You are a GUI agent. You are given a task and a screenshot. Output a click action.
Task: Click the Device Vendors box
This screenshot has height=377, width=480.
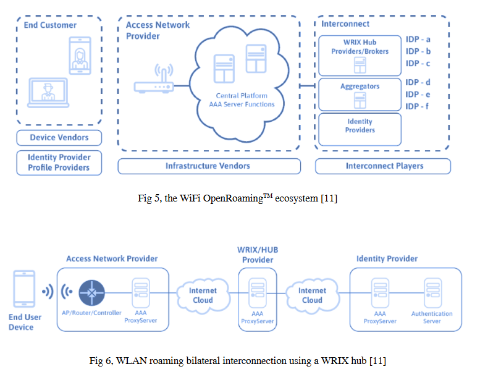59,137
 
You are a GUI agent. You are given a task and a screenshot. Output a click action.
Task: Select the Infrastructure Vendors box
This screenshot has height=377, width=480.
209,166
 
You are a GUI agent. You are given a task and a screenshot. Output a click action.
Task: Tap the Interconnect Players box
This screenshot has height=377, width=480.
383,166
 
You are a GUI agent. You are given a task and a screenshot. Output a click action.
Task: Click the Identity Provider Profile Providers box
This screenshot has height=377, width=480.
59,163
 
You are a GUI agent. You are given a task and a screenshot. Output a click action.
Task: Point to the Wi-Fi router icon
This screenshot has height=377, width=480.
154,78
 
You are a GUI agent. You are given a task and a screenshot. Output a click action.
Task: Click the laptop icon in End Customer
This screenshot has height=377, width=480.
48,93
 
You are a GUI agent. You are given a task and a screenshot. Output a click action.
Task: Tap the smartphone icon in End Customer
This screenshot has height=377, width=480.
80,56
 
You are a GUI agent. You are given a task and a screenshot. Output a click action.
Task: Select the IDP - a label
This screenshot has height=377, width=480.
418,40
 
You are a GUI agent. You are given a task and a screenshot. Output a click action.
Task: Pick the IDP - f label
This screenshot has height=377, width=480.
417,106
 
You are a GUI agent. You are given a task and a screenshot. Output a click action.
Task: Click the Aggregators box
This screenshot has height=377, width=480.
360,95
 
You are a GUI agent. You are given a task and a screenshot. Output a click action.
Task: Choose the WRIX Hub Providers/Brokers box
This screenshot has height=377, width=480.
360,56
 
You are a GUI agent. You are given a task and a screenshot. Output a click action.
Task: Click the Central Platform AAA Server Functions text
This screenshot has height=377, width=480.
242,100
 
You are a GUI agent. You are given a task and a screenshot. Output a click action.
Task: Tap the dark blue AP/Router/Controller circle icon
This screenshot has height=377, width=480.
92,293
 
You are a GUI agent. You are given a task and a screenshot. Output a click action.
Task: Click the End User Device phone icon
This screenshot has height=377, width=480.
24,289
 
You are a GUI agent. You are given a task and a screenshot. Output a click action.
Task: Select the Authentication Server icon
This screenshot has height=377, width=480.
432,292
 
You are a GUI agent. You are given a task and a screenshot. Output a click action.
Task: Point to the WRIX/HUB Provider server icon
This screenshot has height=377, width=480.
258,292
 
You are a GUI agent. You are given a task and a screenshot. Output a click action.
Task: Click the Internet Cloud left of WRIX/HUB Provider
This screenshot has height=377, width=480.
203,295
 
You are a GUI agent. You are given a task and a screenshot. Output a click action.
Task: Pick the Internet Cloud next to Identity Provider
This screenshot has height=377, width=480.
312,295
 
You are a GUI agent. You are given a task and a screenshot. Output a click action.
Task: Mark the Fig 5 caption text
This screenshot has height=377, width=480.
238,198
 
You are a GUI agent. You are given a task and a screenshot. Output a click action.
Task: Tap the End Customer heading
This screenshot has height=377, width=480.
50,25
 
